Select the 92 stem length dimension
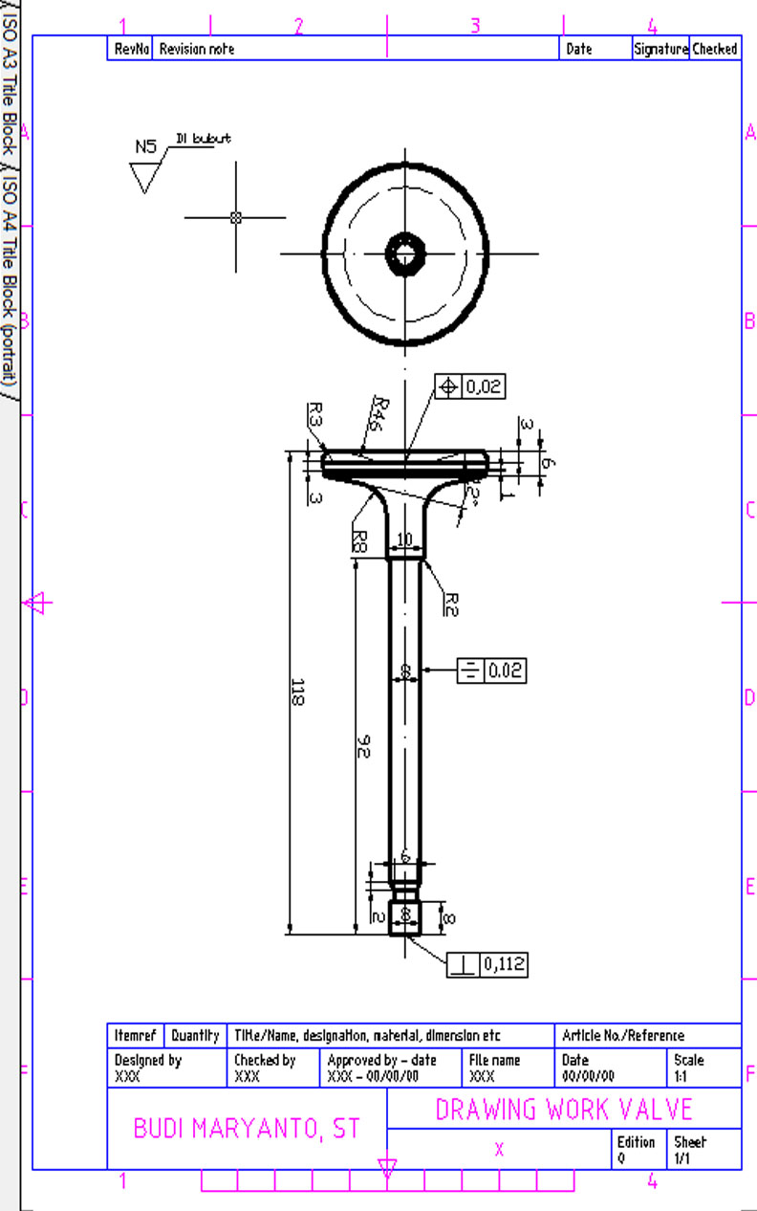(x=362, y=745)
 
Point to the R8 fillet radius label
(x=358, y=541)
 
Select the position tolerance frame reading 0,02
(x=469, y=386)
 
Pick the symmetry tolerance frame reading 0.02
(x=491, y=671)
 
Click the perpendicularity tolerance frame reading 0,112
(x=487, y=964)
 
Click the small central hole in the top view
(x=406, y=253)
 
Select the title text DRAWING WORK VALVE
(x=564, y=1110)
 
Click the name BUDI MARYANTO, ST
(x=247, y=1129)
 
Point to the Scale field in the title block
(x=703, y=1068)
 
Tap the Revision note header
(x=197, y=49)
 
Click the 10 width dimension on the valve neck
(x=404, y=541)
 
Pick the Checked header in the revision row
(x=714, y=49)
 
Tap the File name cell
(x=508, y=1068)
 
